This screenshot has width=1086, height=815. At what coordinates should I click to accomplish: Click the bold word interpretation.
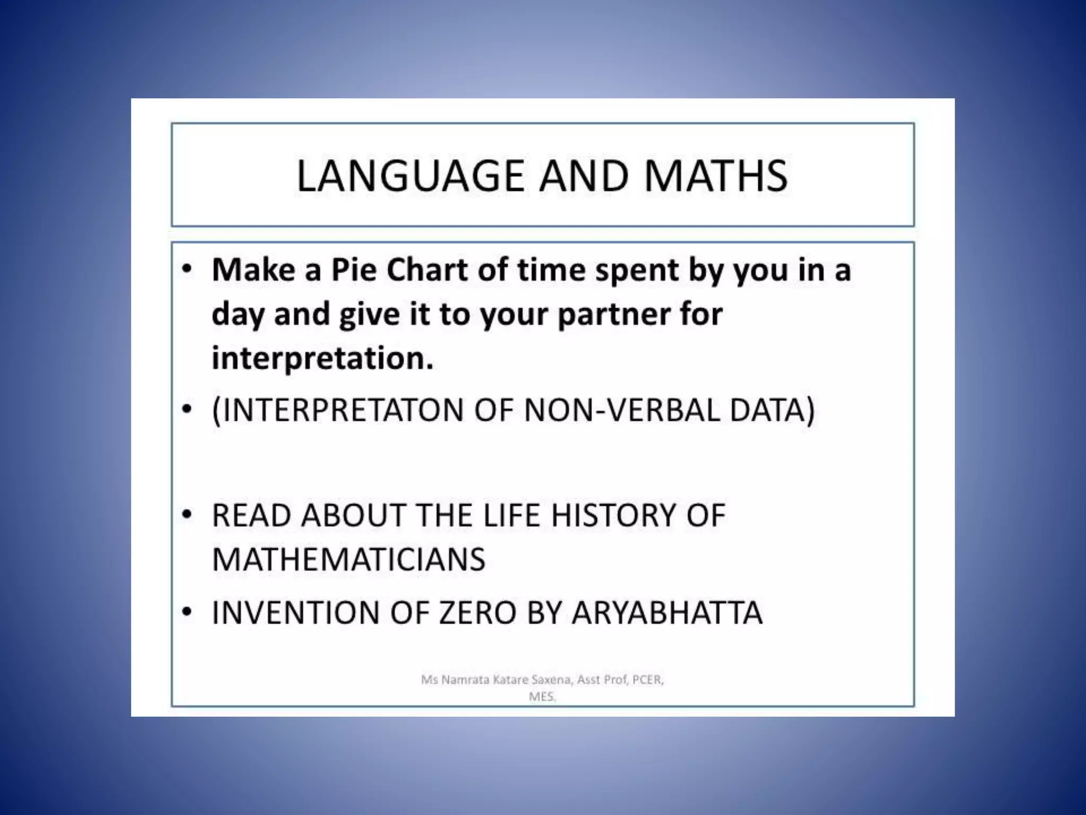pos(322,358)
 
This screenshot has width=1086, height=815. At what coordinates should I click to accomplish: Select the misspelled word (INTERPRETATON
pos(338,410)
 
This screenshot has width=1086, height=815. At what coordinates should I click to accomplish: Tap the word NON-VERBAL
pos(621,410)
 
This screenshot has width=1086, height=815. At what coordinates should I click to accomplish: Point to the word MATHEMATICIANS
pos(348,559)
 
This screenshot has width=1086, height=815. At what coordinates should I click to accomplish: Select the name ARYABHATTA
pos(667,612)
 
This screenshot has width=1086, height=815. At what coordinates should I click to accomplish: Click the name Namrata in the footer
pos(465,680)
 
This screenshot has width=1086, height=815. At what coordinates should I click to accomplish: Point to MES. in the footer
pos(542,697)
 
